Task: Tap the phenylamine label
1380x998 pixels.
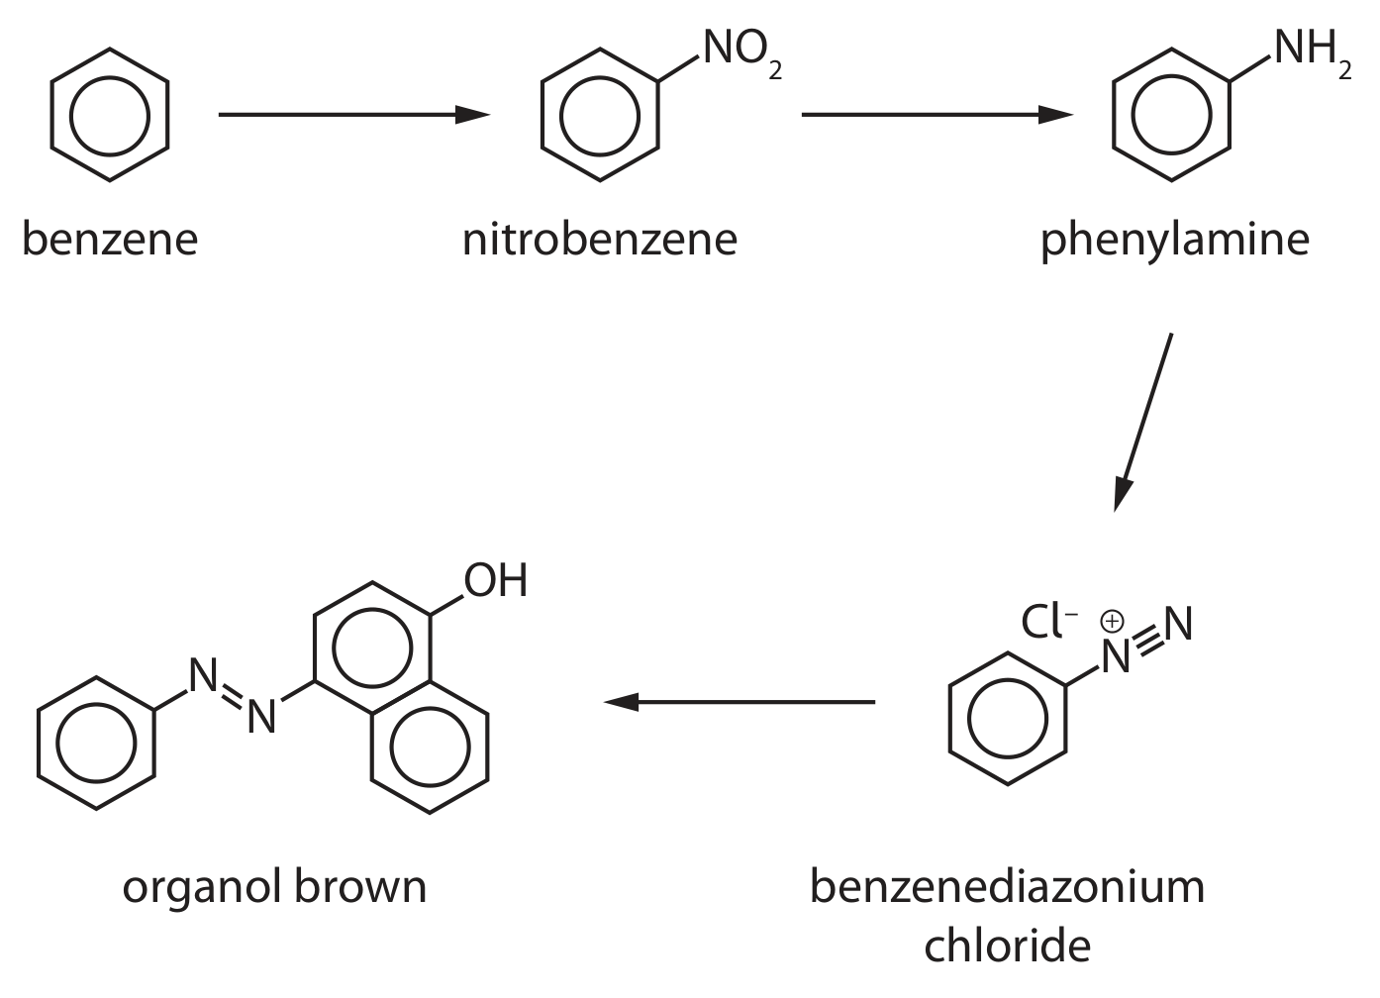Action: tap(1175, 242)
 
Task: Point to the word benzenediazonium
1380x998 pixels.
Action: tap(1007, 887)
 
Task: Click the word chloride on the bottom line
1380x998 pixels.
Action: tap(1008, 946)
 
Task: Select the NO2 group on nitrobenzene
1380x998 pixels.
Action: tap(742, 53)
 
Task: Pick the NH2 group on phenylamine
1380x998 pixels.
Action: tap(1313, 53)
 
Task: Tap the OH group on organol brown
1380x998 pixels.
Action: tap(496, 580)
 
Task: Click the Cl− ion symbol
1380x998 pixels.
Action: tap(1049, 622)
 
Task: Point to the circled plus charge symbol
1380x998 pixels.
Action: tap(1112, 622)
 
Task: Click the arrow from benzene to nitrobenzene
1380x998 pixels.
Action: tap(354, 115)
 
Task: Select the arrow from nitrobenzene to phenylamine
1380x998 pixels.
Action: tap(937, 115)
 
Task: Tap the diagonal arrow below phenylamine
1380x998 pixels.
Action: tap(1142, 423)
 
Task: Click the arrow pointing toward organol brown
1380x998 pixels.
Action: tap(739, 702)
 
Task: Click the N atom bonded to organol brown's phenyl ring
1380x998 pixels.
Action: tap(203, 675)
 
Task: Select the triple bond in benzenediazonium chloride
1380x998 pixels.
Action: tap(1148, 642)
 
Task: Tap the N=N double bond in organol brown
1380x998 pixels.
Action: tap(233, 695)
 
